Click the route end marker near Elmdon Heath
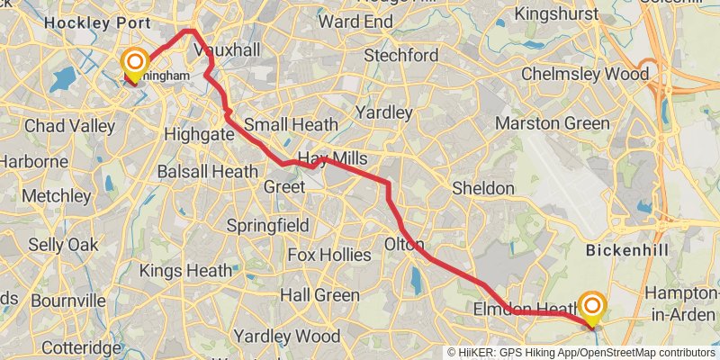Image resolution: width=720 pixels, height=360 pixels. pyautogui.click(x=592, y=306)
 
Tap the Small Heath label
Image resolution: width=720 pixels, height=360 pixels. pyautogui.click(x=291, y=124)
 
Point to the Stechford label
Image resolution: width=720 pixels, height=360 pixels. pyautogui.click(x=400, y=56)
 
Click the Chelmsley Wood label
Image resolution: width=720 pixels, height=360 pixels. pyautogui.click(x=584, y=74)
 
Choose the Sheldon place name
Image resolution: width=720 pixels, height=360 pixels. pyautogui.click(x=482, y=188)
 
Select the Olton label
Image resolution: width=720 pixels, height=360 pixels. pyautogui.click(x=403, y=244)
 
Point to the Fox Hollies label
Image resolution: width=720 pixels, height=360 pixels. pyautogui.click(x=329, y=255)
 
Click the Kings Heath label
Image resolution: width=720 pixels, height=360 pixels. pyautogui.click(x=185, y=269)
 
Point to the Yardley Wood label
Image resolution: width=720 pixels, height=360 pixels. pyautogui.click(x=287, y=336)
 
